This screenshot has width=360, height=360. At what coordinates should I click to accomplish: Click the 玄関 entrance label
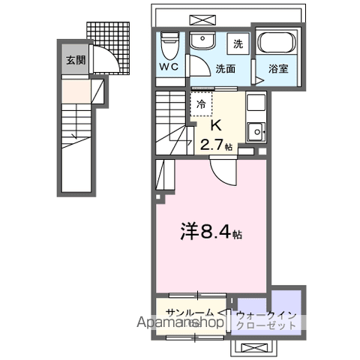click(x=73, y=61)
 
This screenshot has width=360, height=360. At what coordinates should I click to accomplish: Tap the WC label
click(x=168, y=66)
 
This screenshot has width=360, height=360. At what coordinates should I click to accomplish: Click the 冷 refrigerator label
click(x=200, y=105)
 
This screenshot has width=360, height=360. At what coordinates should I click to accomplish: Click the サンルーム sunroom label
click(x=190, y=311)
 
